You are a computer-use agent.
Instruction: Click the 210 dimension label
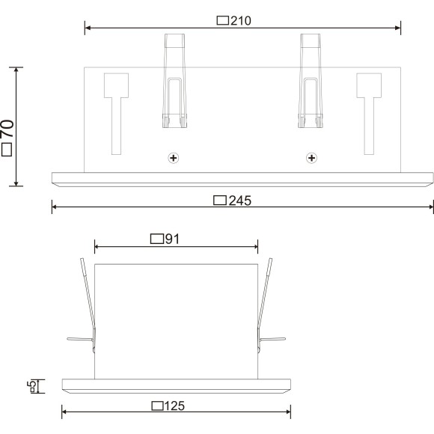click(239, 21)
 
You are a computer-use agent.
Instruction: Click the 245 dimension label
click(239, 200)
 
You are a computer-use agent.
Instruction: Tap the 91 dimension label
click(171, 239)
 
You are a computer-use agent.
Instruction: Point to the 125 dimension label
click(174, 406)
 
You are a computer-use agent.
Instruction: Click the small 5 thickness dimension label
click(31, 386)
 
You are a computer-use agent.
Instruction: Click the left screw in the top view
click(174, 158)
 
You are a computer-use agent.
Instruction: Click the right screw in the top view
click(311, 158)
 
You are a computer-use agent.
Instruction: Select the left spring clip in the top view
click(173, 82)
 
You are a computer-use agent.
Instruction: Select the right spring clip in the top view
click(311, 82)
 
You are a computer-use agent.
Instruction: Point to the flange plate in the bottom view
click(176, 386)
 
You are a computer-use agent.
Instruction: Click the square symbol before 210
click(222, 21)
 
